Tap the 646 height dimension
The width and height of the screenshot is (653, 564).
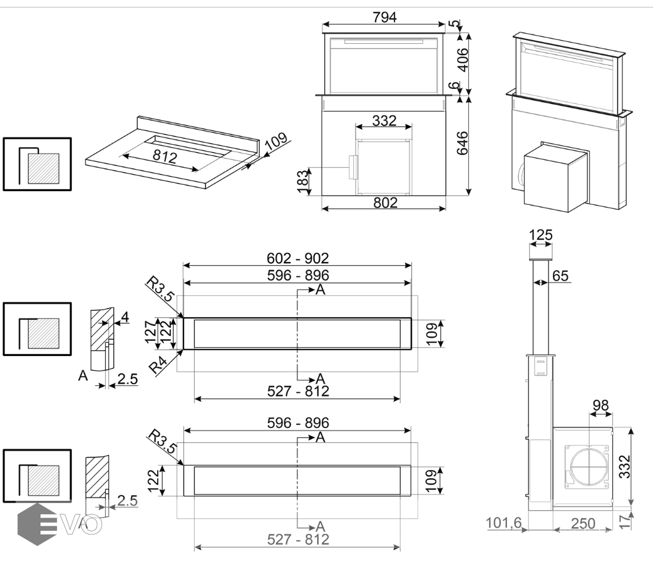pyautogui.click(x=464, y=144)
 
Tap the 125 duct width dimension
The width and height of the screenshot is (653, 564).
pyautogui.click(x=541, y=236)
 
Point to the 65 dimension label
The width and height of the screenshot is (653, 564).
pyautogui.click(x=561, y=275)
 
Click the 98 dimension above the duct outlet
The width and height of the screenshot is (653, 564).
pyautogui.click(x=601, y=406)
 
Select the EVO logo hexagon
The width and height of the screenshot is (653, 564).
pyautogui.click(x=36, y=524)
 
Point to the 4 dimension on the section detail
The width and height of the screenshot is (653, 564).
pyautogui.click(x=125, y=318)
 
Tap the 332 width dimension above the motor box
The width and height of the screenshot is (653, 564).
pyautogui.click(x=384, y=120)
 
